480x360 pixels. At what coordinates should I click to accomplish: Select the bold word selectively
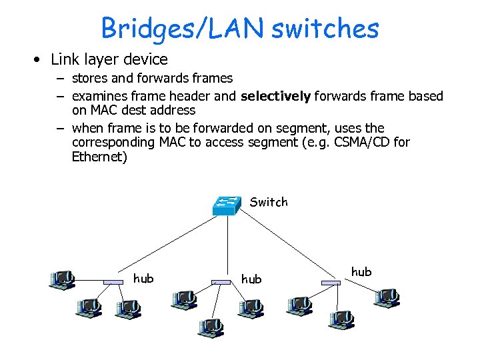point(275,96)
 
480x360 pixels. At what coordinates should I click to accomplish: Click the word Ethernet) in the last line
point(99,157)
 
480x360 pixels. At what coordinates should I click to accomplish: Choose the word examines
point(99,96)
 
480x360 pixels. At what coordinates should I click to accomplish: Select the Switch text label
point(269,202)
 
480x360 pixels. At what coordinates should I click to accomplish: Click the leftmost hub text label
point(143,279)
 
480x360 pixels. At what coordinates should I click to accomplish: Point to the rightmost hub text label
point(361,271)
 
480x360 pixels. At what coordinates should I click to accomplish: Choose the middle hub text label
point(251,279)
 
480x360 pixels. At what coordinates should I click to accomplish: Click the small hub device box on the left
point(113,283)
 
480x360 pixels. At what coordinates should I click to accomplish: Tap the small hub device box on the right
point(331,283)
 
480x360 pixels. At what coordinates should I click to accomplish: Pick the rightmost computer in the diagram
point(387,297)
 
